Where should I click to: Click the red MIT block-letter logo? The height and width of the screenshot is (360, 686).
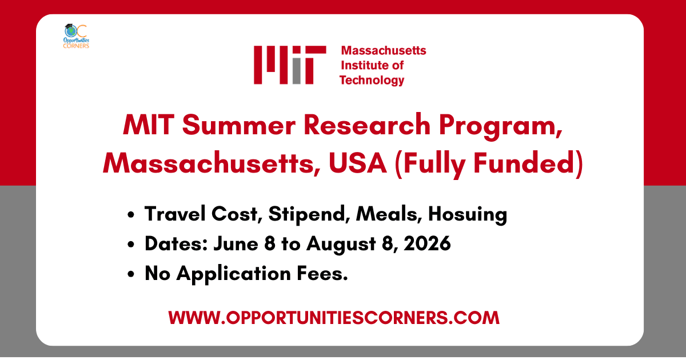[290, 65]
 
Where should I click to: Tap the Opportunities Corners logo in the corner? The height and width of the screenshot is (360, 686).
[77, 36]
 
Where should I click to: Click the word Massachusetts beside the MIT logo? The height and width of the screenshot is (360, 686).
[382, 50]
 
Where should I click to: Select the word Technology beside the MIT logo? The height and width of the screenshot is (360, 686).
[372, 80]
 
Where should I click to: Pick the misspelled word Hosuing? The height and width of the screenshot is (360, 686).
[468, 214]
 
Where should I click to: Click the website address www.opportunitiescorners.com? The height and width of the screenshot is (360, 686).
[334, 317]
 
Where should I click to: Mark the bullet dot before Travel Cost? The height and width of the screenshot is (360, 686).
[132, 215]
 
